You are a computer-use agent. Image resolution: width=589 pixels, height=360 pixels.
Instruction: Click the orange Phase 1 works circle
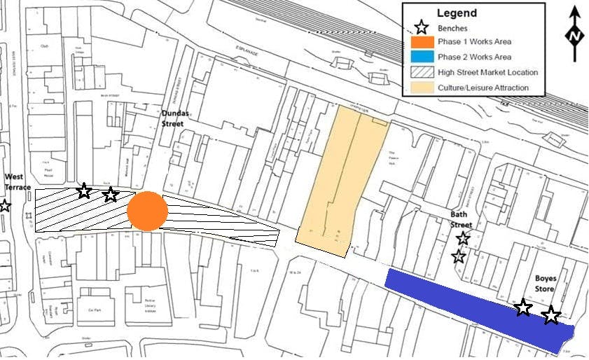147,210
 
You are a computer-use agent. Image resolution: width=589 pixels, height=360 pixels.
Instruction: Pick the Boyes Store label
546,283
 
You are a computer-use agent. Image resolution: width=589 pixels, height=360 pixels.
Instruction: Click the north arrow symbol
575,34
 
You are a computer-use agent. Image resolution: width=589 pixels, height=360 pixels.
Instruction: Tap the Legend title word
457,13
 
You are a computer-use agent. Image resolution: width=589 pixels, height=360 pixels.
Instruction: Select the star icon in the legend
420,28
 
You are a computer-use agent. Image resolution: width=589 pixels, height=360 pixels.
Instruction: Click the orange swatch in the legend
420,42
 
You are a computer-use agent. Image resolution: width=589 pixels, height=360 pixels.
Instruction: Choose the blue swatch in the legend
420,57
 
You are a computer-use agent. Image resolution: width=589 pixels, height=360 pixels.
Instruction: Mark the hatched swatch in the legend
420,72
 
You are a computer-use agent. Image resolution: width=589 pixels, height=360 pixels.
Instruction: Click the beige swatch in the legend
420,88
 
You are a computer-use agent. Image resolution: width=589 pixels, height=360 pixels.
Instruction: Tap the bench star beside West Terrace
5,205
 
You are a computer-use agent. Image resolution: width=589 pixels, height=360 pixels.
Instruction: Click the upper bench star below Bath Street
463,238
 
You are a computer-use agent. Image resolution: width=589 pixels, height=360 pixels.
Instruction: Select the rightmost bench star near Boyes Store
551,315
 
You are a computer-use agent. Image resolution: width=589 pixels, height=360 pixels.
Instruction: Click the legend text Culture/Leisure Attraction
483,88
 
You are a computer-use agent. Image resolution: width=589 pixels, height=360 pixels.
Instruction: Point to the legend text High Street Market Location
488,72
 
